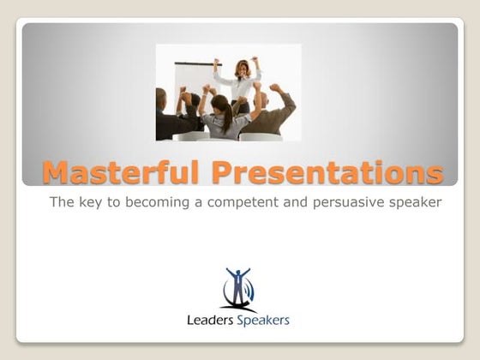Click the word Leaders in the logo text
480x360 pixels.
tap(210, 321)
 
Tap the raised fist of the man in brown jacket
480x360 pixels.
tap(274, 87)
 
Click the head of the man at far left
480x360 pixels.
tap(162, 95)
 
